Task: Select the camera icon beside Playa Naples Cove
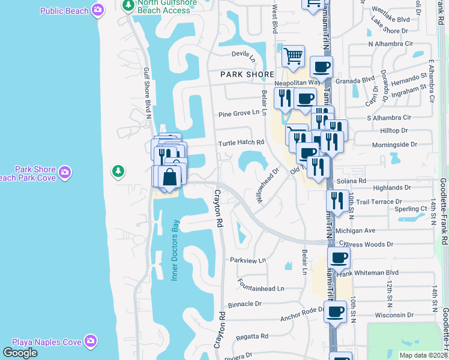pyautogui.click(x=91, y=341)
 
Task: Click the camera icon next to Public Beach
pyautogui.click(x=98, y=10)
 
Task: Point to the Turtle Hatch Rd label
pyautogui.click(x=241, y=142)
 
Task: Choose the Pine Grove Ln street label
pyautogui.click(x=242, y=113)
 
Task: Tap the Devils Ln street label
pyautogui.click(x=244, y=56)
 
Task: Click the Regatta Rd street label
pyautogui.click(x=252, y=337)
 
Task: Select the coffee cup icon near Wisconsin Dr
pyautogui.click(x=335, y=312)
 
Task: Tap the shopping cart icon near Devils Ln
pyautogui.click(x=293, y=56)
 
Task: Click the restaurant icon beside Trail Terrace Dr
pyautogui.click(x=337, y=200)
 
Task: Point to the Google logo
pyautogui.click(x=20, y=352)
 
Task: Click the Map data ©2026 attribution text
pyautogui.click(x=421, y=355)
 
